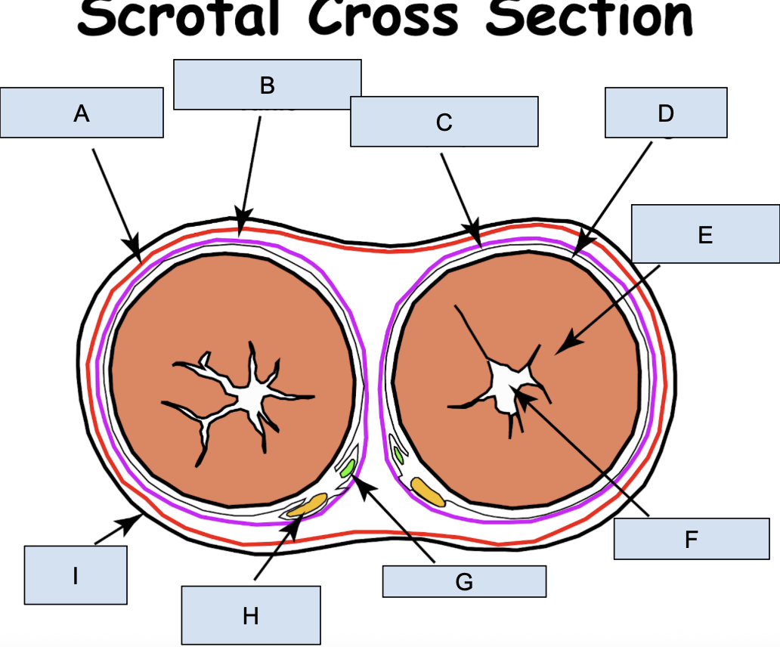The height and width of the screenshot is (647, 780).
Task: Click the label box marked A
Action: (82, 113)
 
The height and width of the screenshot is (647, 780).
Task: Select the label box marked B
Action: (267, 85)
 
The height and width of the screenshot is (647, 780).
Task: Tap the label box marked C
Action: (444, 121)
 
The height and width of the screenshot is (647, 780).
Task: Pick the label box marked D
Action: (665, 113)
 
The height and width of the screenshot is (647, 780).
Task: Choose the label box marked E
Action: (704, 234)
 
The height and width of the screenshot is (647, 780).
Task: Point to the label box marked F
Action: (691, 538)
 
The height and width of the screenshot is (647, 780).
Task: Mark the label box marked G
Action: (463, 581)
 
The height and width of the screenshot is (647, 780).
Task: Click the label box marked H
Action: (250, 616)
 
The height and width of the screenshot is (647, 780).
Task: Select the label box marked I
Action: (75, 575)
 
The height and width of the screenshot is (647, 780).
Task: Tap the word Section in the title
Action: (590, 18)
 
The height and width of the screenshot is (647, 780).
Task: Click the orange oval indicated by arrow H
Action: (308, 505)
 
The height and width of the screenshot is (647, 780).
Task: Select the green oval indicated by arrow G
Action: (347, 469)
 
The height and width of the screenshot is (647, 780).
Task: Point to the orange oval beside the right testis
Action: (427, 491)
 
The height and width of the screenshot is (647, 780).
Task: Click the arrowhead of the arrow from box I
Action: (135, 519)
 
